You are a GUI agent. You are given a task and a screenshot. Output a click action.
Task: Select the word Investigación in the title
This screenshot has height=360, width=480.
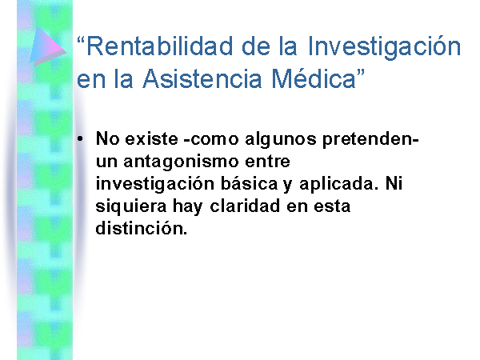click(x=384, y=46)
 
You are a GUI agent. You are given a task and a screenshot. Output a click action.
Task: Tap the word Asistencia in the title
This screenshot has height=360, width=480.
click(x=202, y=79)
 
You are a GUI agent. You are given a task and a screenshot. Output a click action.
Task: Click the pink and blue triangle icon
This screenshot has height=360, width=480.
click(x=46, y=46)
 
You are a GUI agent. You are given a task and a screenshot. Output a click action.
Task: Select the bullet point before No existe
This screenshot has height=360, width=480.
click(x=80, y=139)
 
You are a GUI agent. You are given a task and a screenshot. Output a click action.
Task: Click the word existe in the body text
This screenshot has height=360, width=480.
click(x=151, y=138)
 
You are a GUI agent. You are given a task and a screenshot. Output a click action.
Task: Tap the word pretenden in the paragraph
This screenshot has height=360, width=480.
click(x=368, y=140)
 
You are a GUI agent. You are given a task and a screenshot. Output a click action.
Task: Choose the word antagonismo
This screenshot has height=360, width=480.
click(x=181, y=162)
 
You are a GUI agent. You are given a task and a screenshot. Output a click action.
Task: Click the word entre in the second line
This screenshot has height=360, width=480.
click(x=267, y=162)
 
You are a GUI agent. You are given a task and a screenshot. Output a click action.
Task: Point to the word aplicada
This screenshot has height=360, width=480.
click(x=336, y=184)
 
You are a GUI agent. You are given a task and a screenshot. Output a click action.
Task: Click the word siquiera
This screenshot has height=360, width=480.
click(x=131, y=206)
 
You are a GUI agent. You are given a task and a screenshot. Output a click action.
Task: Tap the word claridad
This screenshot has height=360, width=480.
click(x=245, y=206)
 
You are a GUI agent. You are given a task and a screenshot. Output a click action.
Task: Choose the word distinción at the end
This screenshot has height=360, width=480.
click(x=140, y=228)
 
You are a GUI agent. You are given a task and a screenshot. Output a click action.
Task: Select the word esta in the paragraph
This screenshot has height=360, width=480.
click(x=332, y=206)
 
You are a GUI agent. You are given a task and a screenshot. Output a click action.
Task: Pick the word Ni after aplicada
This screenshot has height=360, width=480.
click(x=394, y=184)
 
